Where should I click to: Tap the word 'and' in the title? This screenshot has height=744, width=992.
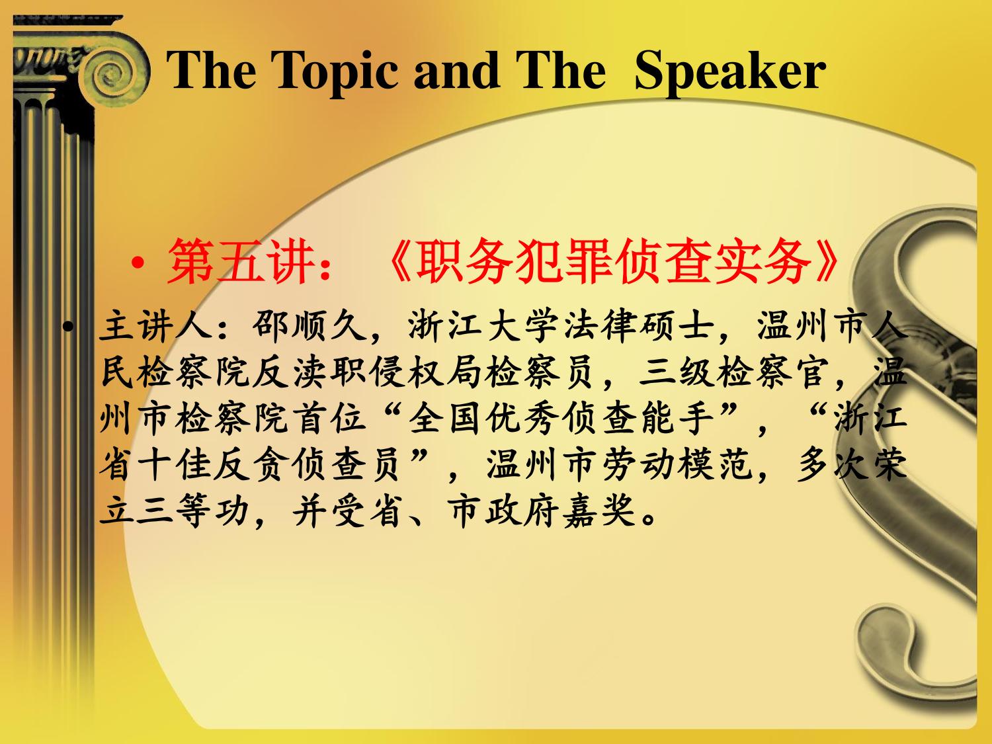pos(456,70)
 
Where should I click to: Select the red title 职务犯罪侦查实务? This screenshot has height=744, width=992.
pos(612,262)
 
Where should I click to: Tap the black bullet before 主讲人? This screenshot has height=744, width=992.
pos(68,327)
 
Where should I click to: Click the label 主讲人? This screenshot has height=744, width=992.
pos(156,326)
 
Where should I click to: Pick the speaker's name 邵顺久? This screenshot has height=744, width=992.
pos(310,326)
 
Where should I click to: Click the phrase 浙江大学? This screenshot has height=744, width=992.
pos(483,326)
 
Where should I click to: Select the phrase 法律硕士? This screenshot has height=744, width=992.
pos(638,326)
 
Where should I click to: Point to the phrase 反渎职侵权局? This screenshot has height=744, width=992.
pos(368,373)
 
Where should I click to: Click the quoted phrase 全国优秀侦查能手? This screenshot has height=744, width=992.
pos(560,419)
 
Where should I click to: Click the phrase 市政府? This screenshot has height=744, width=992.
pos(502,513)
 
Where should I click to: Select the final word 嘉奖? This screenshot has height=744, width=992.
pos(599,513)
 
